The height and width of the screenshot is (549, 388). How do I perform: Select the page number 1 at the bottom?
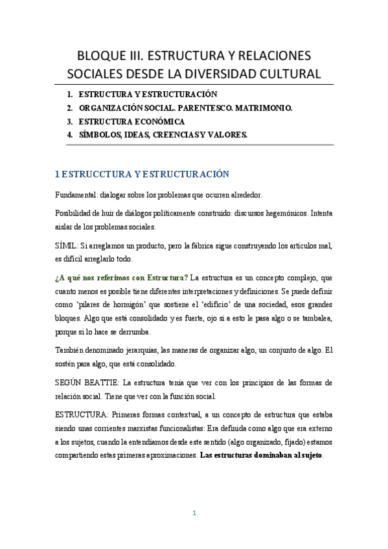(x=194, y=513)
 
